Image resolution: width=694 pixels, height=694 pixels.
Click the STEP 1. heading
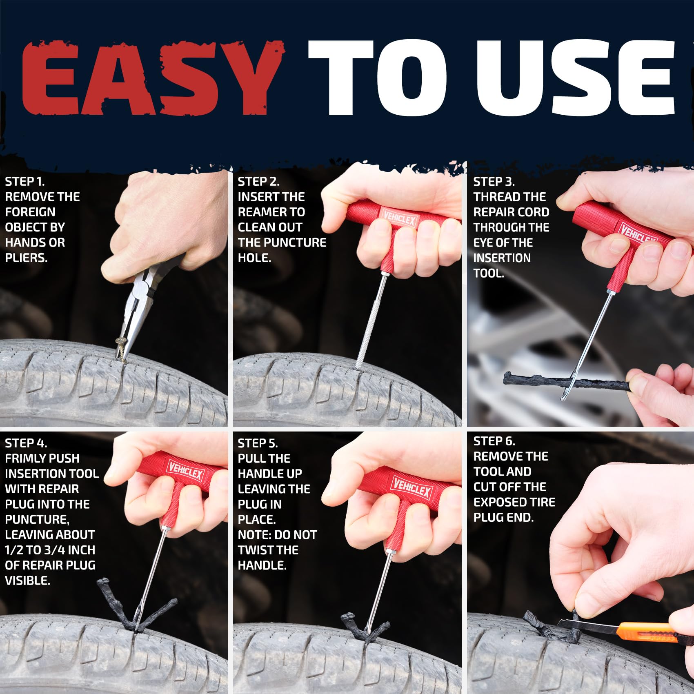24,182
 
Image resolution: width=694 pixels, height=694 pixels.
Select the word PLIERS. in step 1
26,258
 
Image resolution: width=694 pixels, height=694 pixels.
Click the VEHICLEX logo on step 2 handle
399,220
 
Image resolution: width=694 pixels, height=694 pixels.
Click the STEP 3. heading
494,182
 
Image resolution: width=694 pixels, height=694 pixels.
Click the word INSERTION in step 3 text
502,258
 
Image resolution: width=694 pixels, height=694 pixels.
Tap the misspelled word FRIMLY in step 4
27,458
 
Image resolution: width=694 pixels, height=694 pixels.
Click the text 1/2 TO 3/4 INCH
50,550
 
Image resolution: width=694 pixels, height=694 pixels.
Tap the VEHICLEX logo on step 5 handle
412,488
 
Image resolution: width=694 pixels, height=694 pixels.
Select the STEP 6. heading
494,441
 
